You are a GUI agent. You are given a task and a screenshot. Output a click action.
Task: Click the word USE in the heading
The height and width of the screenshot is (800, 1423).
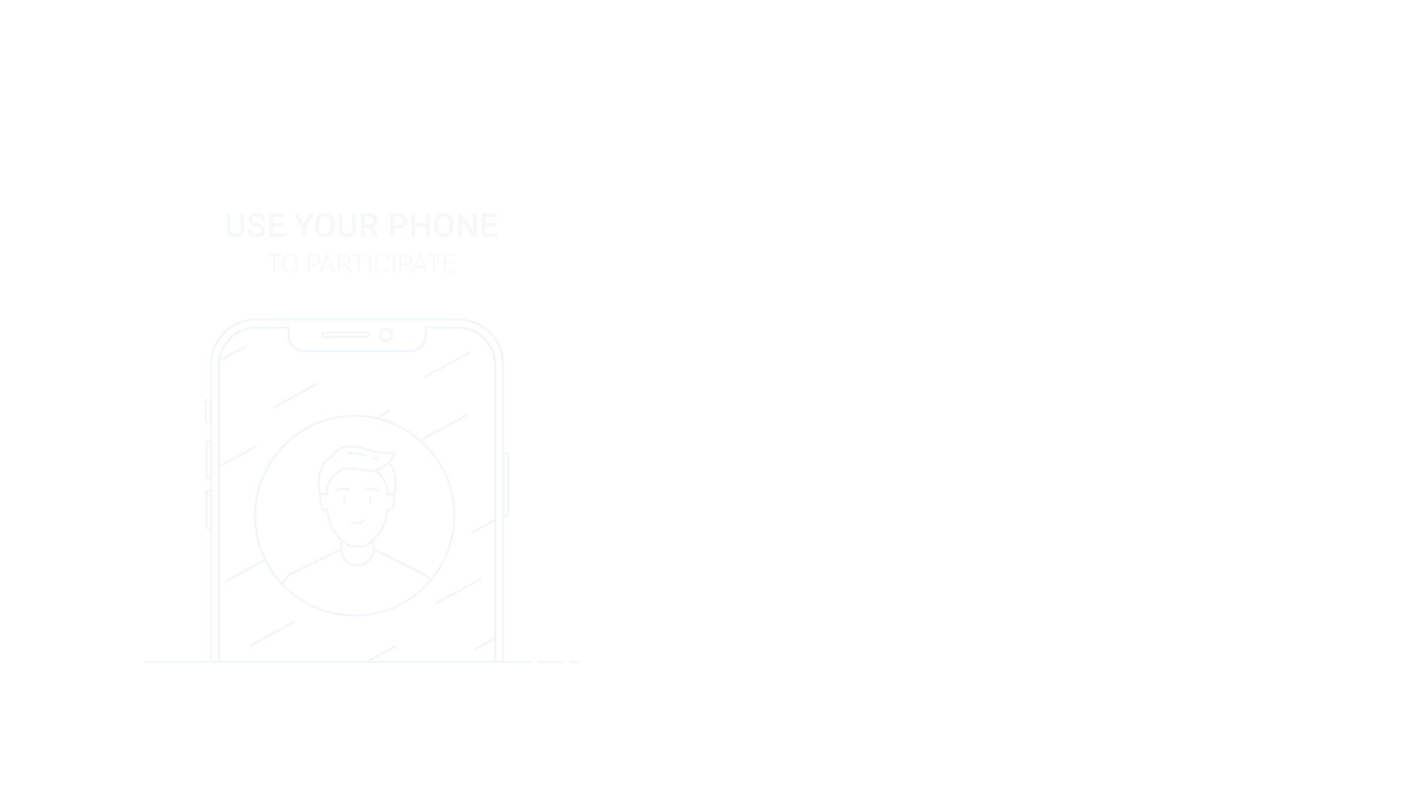pyautogui.click(x=255, y=226)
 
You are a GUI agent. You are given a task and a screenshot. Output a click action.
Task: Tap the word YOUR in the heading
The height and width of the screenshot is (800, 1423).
pyautogui.click(x=336, y=226)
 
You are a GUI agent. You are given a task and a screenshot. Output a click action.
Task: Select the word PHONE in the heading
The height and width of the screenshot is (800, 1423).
pyautogui.click(x=442, y=226)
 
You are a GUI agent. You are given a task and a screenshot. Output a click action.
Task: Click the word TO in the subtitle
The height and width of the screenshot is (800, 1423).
pyautogui.click(x=282, y=264)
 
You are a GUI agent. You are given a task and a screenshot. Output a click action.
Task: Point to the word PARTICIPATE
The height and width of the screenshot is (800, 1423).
pyautogui.click(x=381, y=264)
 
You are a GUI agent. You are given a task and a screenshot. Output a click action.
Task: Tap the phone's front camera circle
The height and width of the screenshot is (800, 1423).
pyautogui.click(x=386, y=335)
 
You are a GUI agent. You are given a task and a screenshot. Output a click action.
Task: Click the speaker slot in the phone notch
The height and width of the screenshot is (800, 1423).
pyautogui.click(x=345, y=335)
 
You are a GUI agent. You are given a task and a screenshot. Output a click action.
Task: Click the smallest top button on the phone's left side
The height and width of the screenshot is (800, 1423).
pyautogui.click(x=208, y=410)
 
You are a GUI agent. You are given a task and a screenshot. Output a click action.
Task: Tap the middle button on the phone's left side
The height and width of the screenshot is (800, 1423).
pyautogui.click(x=208, y=459)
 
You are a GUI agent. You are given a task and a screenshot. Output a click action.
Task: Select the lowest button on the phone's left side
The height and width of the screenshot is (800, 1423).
pyautogui.click(x=208, y=509)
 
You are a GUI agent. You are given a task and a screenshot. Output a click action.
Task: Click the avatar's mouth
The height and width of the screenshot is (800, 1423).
pyautogui.click(x=357, y=522)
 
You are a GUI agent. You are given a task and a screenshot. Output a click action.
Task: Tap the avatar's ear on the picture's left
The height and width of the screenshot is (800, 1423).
pyautogui.click(x=323, y=501)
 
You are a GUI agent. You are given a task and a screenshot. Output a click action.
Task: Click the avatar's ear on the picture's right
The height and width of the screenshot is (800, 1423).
pyautogui.click(x=391, y=501)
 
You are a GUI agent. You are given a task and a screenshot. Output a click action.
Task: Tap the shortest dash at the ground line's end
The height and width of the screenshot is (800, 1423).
pyautogui.click(x=574, y=661)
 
